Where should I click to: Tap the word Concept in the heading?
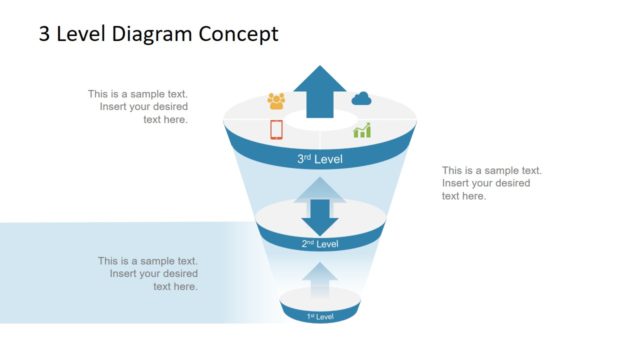tap(235, 34)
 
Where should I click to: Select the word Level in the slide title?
tap(83, 34)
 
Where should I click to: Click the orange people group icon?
tap(276, 100)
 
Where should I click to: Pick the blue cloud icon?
tap(361, 98)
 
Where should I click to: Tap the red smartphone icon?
tap(277, 129)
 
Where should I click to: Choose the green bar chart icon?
tap(361, 130)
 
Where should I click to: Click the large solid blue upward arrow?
tap(320, 90)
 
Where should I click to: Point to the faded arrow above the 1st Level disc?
tap(320, 280)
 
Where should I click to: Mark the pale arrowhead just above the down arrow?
tap(320, 187)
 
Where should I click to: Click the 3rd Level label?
tap(320, 158)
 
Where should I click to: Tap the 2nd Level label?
tap(320, 243)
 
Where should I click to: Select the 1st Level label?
tap(320, 316)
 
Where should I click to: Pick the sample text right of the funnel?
tap(491, 183)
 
